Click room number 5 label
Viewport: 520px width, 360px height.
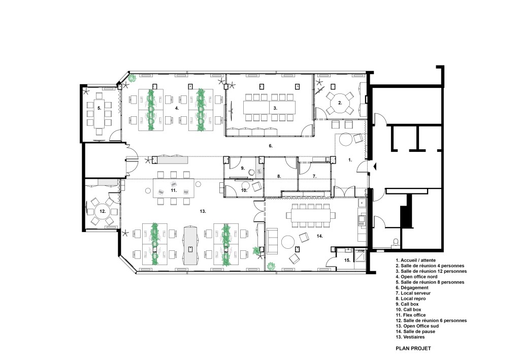(99, 108)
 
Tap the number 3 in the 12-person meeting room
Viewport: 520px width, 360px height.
(275, 108)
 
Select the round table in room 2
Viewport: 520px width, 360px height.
(340, 103)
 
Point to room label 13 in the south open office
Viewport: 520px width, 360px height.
(203, 211)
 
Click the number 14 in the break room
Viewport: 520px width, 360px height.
(320, 236)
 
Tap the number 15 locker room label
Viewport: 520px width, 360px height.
(347, 260)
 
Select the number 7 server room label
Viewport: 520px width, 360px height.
(314, 176)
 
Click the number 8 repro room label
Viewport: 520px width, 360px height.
(279, 176)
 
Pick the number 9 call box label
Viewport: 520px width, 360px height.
(243, 169)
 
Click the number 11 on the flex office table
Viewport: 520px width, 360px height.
(174, 190)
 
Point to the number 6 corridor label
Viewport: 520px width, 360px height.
(271, 146)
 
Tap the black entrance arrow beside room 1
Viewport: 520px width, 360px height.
(375, 167)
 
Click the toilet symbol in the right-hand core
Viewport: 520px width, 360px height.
(395, 242)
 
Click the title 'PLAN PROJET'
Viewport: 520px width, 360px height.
(413, 348)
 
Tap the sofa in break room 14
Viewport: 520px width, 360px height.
(273, 241)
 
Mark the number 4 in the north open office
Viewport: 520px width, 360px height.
(177, 108)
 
